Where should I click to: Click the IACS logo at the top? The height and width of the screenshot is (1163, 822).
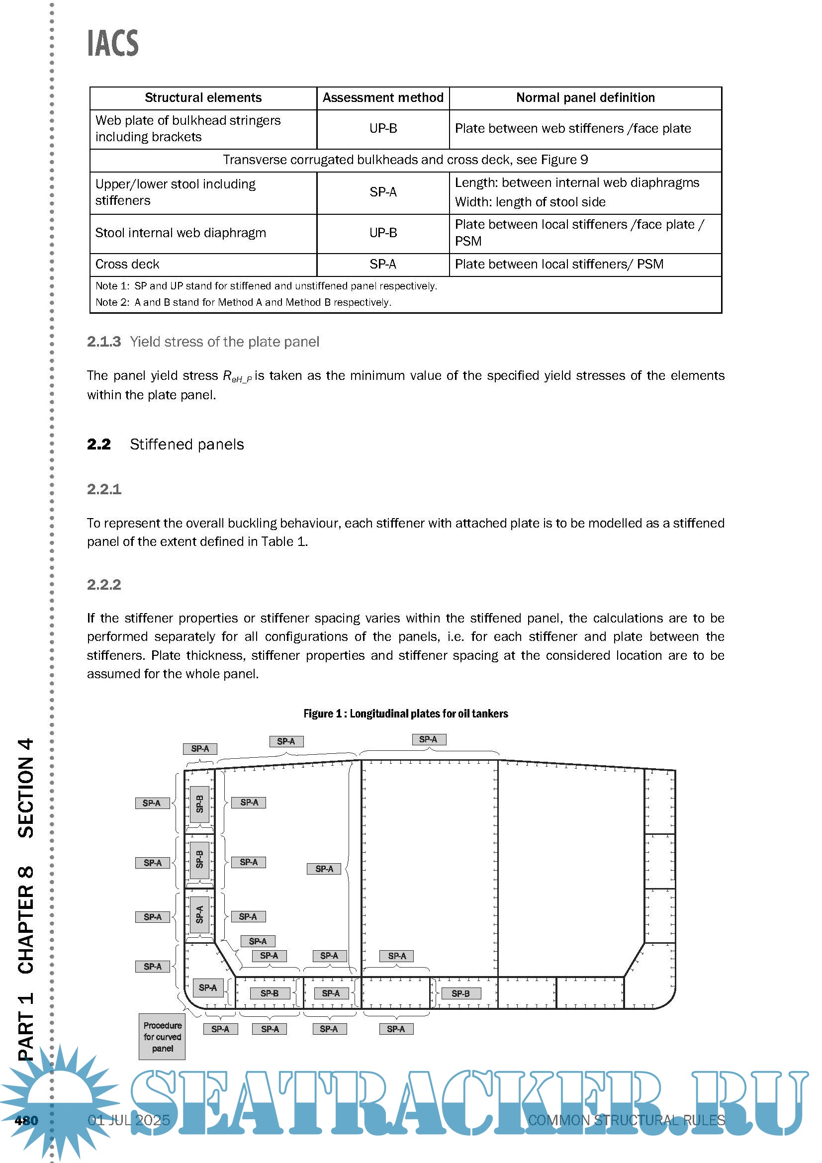coord(113,43)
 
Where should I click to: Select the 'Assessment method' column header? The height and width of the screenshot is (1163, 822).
coord(383,98)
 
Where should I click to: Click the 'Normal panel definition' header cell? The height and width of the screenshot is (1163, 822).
coord(585,98)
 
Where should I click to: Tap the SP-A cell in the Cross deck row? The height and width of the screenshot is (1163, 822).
coord(383,264)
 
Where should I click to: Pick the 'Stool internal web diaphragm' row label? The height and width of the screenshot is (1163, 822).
coord(181,233)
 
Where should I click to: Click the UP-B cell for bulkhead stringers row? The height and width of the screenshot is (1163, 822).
coord(383,129)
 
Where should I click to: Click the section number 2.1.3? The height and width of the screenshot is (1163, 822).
coord(104,342)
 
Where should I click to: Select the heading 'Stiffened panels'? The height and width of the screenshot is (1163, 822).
coord(186,445)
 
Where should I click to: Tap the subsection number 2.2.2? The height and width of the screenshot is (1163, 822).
coord(104,585)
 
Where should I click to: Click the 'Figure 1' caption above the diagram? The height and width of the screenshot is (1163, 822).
coord(405,714)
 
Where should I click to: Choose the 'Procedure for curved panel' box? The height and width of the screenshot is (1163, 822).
coord(162,1037)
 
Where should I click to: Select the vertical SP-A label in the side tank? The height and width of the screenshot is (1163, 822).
coord(199,914)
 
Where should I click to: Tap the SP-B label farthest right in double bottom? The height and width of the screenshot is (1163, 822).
coord(460,994)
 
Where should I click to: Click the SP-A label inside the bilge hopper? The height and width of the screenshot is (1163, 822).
coord(208,988)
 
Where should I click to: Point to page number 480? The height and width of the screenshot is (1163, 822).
coord(26,1120)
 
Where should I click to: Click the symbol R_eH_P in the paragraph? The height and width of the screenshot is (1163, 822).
coord(237,376)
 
